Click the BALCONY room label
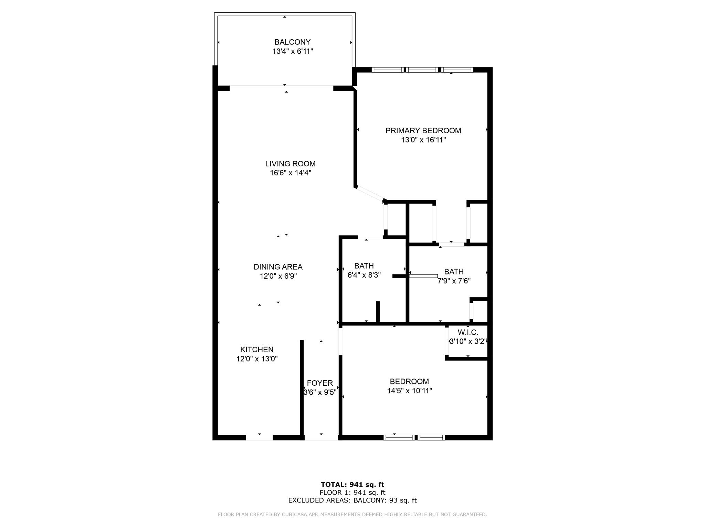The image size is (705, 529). click(x=292, y=42)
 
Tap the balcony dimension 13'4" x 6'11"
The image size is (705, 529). click(x=293, y=51)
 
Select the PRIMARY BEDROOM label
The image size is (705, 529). click(x=423, y=131)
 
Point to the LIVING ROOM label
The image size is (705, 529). click(x=290, y=164)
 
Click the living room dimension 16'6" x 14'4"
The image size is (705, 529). click(x=290, y=173)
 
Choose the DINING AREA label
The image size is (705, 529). click(x=278, y=267)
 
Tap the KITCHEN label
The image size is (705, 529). click(x=257, y=350)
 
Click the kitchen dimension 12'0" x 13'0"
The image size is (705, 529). click(x=257, y=359)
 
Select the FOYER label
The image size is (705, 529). click(x=320, y=383)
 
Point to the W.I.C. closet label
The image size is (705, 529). click(x=468, y=332)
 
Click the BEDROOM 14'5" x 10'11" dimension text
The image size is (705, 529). click(x=409, y=391)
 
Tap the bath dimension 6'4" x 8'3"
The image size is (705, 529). click(x=364, y=275)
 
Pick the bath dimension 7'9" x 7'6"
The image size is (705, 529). click(x=454, y=281)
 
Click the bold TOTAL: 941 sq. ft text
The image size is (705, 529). click(x=352, y=485)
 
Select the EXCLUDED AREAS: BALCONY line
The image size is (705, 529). click(x=352, y=500)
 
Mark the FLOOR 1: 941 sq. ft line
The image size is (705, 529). click(x=352, y=492)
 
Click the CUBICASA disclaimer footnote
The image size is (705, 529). click(x=352, y=515)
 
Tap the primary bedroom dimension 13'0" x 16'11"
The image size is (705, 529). click(x=423, y=140)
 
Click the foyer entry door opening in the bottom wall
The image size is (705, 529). click(x=321, y=438)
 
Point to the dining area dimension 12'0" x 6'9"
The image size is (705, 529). click(x=278, y=276)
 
